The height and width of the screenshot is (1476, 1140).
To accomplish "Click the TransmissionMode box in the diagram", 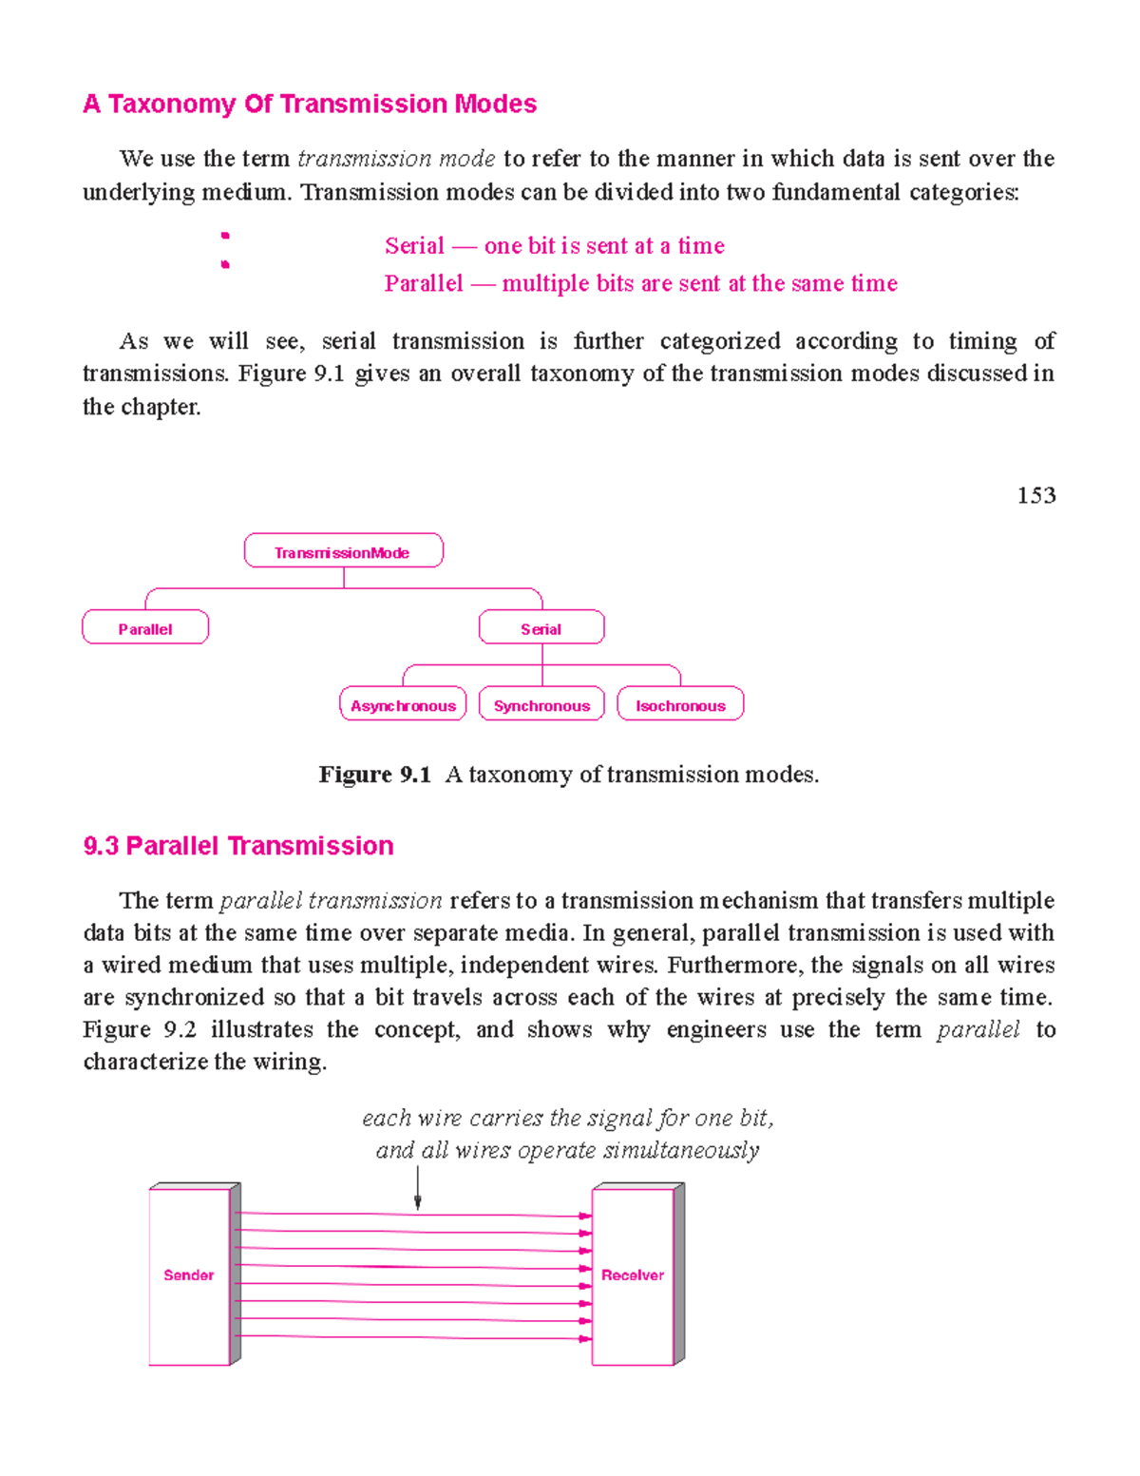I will coord(343,552).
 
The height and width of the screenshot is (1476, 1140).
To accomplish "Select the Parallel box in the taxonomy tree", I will coord(145,628).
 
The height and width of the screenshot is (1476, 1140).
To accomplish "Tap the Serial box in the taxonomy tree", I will coord(541,628).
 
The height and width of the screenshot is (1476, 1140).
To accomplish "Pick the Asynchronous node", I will coord(403,705).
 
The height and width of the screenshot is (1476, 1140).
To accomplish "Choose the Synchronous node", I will coord(541,705).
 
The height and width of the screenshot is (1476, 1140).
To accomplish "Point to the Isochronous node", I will coord(680,705).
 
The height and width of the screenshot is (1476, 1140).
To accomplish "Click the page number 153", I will coord(1035,495).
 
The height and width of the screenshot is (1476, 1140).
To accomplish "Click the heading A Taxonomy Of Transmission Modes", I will coord(310,104).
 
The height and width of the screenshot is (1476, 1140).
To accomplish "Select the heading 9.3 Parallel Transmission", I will coord(238,846).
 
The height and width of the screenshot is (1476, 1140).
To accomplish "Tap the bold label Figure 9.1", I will coord(374,775).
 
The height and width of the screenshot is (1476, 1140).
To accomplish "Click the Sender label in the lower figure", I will coord(188,1275).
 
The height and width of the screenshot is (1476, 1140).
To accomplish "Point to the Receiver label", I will coord(633,1275).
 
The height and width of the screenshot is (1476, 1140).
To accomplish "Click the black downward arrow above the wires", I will coord(418,1188).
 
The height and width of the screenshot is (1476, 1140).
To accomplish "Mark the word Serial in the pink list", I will coord(414,246).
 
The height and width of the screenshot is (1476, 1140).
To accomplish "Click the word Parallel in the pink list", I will coord(424,283).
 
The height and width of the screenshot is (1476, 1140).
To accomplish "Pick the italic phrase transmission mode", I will coord(396,159).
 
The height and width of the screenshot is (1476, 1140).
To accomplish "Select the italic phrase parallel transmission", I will coord(331,900).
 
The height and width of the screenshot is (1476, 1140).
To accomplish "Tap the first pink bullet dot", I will coord(225,235).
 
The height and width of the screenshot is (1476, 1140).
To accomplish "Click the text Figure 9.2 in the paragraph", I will coord(140,1029).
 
